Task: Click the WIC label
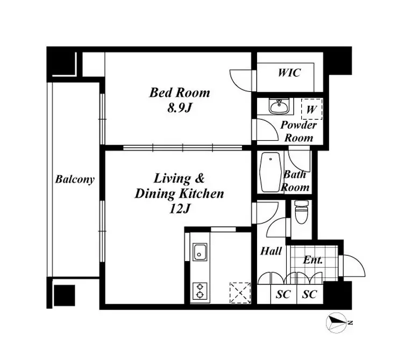coord(289,73)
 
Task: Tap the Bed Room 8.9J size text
coord(179,109)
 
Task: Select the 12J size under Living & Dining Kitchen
coord(179,209)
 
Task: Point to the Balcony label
coord(75,179)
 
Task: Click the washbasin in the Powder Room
coord(279,107)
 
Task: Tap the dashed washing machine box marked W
coord(312,109)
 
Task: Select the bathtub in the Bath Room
coord(271,172)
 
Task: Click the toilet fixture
coord(302,212)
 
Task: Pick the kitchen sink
coord(200,252)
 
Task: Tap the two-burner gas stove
coord(200,291)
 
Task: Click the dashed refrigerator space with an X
coord(240,293)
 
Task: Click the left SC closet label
coord(283,294)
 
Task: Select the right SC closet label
coord(310,294)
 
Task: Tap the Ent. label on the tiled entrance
coord(313,260)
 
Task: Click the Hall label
coord(271,251)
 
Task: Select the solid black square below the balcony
coord(65,296)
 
